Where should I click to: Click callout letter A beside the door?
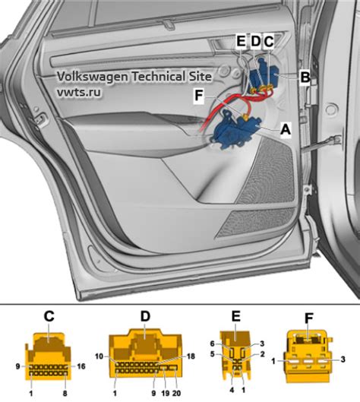tap(286, 129)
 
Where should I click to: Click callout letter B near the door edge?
tap(305, 77)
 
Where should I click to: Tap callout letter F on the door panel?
tap(199, 96)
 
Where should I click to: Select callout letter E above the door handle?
tap(241, 41)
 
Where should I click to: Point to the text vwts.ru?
tap(79, 92)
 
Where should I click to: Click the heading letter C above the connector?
tap(49, 316)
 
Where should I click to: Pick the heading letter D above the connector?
tap(145, 316)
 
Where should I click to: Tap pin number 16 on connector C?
tap(81, 366)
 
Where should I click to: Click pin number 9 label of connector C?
tap(17, 366)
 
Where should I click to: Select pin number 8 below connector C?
tap(65, 394)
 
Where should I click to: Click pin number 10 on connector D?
tap(99, 356)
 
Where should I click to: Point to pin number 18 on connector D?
tap(191, 356)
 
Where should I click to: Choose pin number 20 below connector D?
tap(176, 393)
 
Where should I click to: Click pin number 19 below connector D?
tap(166, 393)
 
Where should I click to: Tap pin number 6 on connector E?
tap(213, 343)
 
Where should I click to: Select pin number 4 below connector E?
tap(232, 390)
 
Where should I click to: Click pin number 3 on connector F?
tap(343, 359)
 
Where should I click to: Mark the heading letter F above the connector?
tap(309, 318)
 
